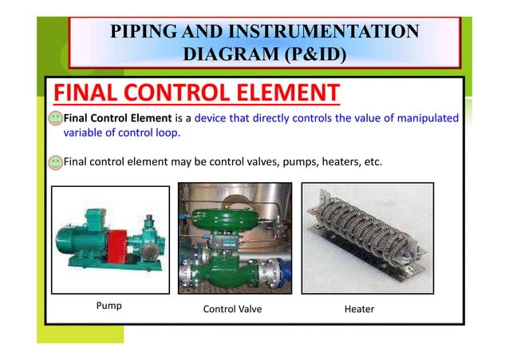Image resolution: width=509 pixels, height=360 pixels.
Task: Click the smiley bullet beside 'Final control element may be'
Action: coord(55,163)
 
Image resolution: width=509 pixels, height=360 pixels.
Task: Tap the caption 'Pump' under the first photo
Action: coord(109,306)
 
